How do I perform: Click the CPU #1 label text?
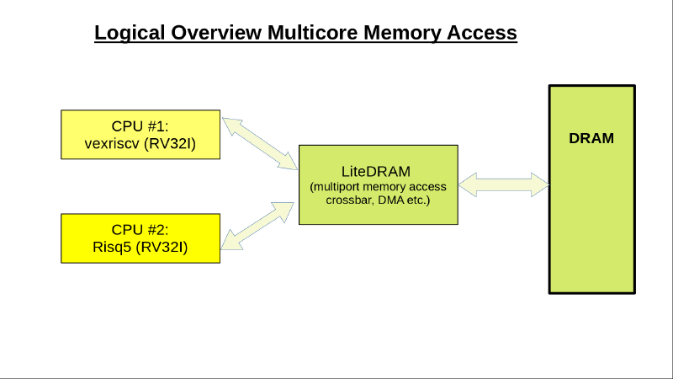(140, 126)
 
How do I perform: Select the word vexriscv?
(113, 142)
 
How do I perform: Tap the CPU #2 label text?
(140, 229)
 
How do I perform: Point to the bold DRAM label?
(591, 138)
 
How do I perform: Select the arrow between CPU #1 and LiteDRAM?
(259, 140)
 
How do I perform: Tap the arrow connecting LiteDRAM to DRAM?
(503, 182)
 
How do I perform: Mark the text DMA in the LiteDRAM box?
(391, 201)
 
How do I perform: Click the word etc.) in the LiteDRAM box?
(419, 201)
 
